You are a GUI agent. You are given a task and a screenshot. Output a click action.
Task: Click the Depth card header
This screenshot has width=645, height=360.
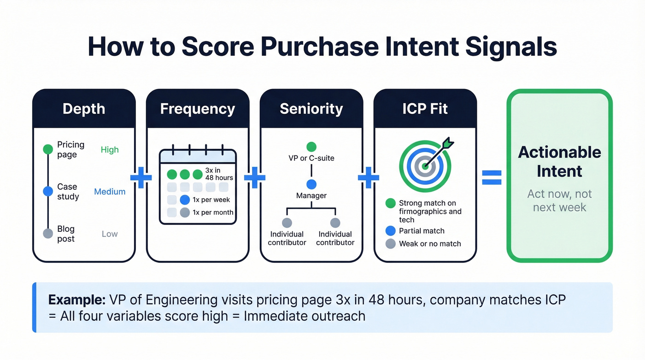tap(84, 109)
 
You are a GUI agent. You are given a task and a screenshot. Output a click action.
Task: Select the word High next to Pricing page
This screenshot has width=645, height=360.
tap(110, 150)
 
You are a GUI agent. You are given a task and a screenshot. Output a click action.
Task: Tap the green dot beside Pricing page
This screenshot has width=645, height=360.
tap(48, 149)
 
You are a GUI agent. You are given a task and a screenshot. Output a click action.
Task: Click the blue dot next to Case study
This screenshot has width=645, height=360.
tap(48, 191)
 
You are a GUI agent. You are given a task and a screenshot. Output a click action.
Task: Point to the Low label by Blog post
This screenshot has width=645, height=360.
tap(110, 234)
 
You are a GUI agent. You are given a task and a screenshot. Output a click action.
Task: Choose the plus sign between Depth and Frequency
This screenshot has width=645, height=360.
tap(141, 178)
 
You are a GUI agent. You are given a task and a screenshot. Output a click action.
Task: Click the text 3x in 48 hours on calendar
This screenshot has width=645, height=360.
tap(219, 174)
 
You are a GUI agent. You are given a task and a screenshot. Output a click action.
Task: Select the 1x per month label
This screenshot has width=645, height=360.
tap(213, 212)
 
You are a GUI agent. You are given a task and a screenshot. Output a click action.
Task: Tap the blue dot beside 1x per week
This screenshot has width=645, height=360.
tap(185, 200)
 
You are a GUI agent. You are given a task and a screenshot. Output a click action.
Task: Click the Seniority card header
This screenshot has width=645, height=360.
tap(311, 109)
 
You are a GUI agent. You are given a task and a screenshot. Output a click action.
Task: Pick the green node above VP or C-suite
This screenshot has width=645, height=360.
tap(311, 147)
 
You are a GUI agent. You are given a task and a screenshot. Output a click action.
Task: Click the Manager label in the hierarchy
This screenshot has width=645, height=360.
tap(311, 195)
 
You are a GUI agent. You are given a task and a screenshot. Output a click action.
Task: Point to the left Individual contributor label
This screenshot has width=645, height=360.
tap(287, 238)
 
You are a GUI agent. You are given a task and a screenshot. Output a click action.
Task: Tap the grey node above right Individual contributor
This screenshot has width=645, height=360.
tap(335, 223)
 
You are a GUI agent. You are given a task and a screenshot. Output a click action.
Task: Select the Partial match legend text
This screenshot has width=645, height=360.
tap(422, 231)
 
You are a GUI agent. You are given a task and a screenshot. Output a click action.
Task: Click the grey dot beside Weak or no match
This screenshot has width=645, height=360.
tap(390, 243)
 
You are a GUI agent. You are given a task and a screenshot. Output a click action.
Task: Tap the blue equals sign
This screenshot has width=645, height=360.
tap(492, 177)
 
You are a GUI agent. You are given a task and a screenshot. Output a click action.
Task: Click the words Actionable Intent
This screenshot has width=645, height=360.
tap(559, 161)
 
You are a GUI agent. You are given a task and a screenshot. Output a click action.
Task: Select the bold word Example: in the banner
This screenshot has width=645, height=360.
tap(76, 300)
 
